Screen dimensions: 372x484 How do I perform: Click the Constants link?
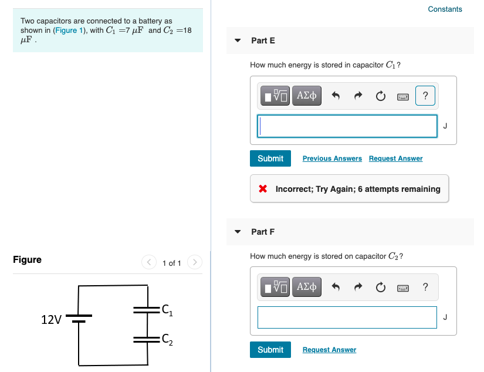[x=445, y=9]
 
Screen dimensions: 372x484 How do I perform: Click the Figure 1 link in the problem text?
[x=70, y=30]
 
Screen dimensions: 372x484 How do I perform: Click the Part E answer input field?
[x=347, y=126]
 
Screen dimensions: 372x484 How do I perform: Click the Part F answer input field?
[x=347, y=317]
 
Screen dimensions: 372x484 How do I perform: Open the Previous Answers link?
[x=332, y=158]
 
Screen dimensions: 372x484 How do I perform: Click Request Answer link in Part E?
[x=395, y=158]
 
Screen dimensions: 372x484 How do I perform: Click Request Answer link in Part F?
[x=329, y=350]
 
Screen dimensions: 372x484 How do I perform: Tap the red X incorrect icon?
[x=263, y=189]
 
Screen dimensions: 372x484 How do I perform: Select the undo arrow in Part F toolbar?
[x=337, y=287]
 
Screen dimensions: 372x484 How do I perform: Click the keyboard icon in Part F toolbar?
[x=402, y=287]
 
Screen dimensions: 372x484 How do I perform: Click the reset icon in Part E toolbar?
[x=380, y=96]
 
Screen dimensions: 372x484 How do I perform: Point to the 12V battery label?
[x=51, y=320]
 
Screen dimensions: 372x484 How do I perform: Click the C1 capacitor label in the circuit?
[x=167, y=309]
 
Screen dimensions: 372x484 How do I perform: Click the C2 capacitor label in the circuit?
[x=167, y=338]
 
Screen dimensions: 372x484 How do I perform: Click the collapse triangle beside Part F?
[x=238, y=232]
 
